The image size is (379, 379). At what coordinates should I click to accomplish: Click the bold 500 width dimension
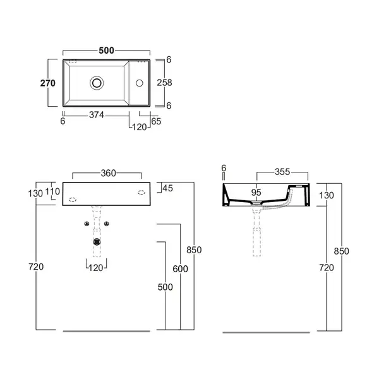(106, 51)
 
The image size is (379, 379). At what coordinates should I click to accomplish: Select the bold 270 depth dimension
(48, 83)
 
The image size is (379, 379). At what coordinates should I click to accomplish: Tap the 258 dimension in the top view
(164, 83)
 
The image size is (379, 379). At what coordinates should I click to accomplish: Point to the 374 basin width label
(97, 115)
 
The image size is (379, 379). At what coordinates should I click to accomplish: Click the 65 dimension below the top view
(156, 121)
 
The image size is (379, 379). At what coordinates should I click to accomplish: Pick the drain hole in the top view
(97, 83)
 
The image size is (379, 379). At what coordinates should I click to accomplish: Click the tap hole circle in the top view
(140, 83)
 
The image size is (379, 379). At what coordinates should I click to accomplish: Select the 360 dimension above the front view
(108, 173)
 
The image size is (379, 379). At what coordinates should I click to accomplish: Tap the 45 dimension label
(168, 188)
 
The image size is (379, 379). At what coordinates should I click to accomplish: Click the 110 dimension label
(52, 191)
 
